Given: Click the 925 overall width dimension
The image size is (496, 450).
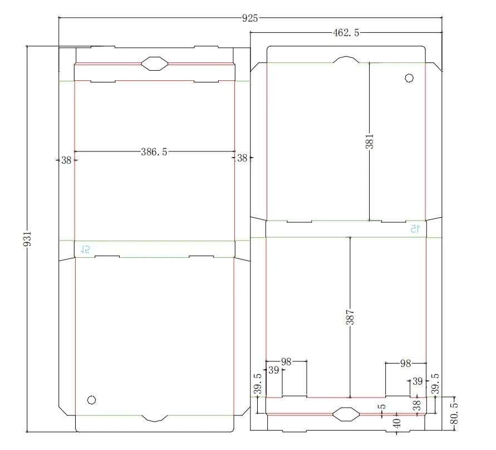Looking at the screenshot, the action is (x=250, y=18).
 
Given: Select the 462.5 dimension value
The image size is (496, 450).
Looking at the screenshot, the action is (x=346, y=33).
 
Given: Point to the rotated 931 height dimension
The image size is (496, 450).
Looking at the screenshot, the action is (x=27, y=238).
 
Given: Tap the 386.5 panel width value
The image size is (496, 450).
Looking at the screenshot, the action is (x=154, y=152).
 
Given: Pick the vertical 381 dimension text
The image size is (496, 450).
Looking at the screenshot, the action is (x=369, y=141).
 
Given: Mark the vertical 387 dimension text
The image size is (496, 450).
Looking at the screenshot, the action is (x=350, y=317).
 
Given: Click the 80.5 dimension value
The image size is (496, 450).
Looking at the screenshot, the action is (x=454, y=413).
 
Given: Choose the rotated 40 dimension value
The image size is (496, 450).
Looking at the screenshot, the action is (x=397, y=423).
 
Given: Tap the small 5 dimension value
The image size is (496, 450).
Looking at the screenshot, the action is (x=382, y=407).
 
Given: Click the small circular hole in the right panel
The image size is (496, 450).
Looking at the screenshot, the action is (x=409, y=78).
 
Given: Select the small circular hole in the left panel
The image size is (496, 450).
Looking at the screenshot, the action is (x=91, y=400).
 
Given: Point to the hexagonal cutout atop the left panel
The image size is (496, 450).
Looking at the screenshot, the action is (x=154, y=63).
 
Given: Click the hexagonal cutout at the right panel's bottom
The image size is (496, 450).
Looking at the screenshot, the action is (x=346, y=414).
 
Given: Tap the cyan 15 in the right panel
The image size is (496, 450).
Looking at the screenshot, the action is (x=415, y=228).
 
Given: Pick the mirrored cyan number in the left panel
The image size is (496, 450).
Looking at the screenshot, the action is (x=85, y=250).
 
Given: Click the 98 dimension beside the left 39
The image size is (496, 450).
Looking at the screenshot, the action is (x=286, y=361).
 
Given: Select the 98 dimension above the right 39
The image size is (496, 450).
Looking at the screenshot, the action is (x=405, y=363).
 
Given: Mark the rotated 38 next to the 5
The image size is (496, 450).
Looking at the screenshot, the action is (x=417, y=405).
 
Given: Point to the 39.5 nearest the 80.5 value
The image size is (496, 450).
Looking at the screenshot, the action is (x=435, y=384).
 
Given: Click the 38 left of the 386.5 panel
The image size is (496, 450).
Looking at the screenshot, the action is (x=66, y=160).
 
